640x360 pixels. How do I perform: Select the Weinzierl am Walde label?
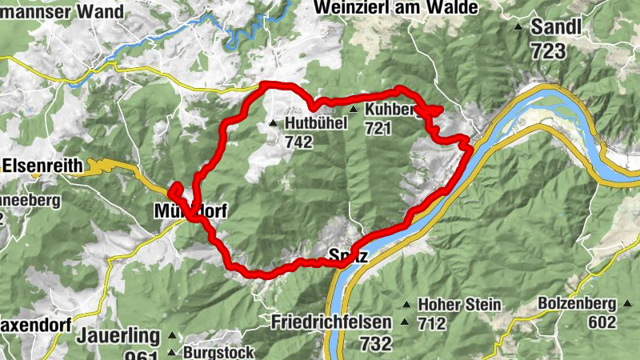coord(397,7)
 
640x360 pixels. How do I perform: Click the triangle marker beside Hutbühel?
coord(274,124)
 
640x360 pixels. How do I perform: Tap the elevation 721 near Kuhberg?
coord(378,127)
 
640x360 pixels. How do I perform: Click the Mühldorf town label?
coord(190,212)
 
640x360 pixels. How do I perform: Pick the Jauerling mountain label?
coord(118,336)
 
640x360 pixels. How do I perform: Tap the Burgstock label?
coord(218,352)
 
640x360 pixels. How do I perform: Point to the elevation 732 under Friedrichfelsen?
coord(375,344)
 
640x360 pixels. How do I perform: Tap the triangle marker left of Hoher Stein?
coord(406,305)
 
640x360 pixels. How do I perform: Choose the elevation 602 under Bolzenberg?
coord(602,322)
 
